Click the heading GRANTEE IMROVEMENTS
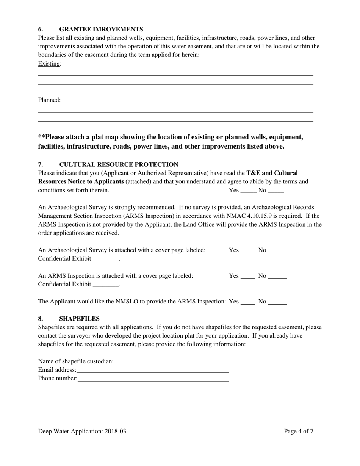pos(101,29)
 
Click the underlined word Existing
pos(49,64)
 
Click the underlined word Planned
pos(49,100)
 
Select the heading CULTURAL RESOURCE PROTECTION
pos(119,164)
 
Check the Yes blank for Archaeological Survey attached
pos(248,251)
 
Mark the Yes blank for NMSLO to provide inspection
pos(248,302)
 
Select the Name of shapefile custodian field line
pos(171,362)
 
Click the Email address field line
pos(152,371)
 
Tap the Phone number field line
pos(153,379)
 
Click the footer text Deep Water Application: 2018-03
pos(82,432)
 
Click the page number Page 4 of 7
pos(299,432)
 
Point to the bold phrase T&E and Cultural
pos(272,173)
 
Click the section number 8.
pos(40,319)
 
